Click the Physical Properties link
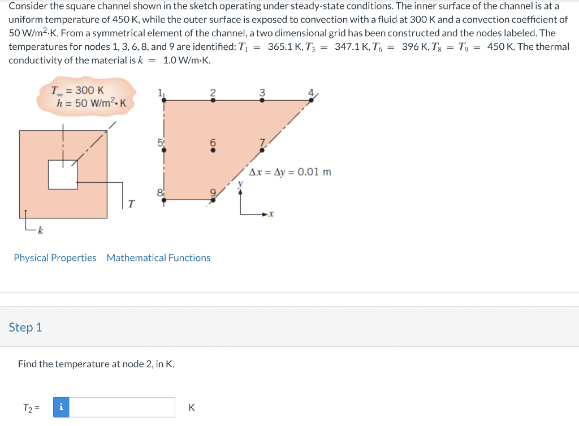pyautogui.click(x=55, y=258)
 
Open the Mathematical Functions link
pyautogui.click(x=158, y=258)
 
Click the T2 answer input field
pyautogui.click(x=122, y=407)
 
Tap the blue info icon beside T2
pyautogui.click(x=61, y=407)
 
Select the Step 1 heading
pyautogui.click(x=25, y=328)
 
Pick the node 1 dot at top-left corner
pyautogui.click(x=164, y=100)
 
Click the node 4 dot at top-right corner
pyautogui.click(x=311, y=100)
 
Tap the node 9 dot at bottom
pyautogui.click(x=213, y=199)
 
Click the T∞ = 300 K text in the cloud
pyautogui.click(x=77, y=91)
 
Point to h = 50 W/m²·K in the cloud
pyautogui.click(x=90, y=103)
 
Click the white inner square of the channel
pyautogui.click(x=62, y=175)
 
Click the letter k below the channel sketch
pyautogui.click(x=41, y=231)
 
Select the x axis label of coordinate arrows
pyautogui.click(x=271, y=214)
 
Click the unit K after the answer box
pyautogui.click(x=191, y=407)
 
